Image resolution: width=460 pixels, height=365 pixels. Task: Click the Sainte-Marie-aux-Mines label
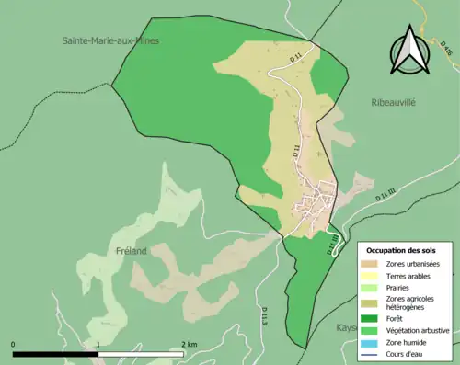(110, 40)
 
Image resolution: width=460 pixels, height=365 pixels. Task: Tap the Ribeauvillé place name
(393, 103)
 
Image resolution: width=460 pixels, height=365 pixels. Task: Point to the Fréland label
(132, 250)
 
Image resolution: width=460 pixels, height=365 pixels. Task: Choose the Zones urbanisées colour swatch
(374, 264)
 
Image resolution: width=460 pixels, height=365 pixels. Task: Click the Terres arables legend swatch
(374, 277)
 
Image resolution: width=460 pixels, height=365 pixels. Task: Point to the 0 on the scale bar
(14, 344)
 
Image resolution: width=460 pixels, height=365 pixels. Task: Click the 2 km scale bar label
(188, 344)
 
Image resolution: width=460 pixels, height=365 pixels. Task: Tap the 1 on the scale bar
(98, 344)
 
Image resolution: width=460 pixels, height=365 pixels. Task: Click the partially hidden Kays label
(344, 327)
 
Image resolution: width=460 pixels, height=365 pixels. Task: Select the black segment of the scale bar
(55, 354)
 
